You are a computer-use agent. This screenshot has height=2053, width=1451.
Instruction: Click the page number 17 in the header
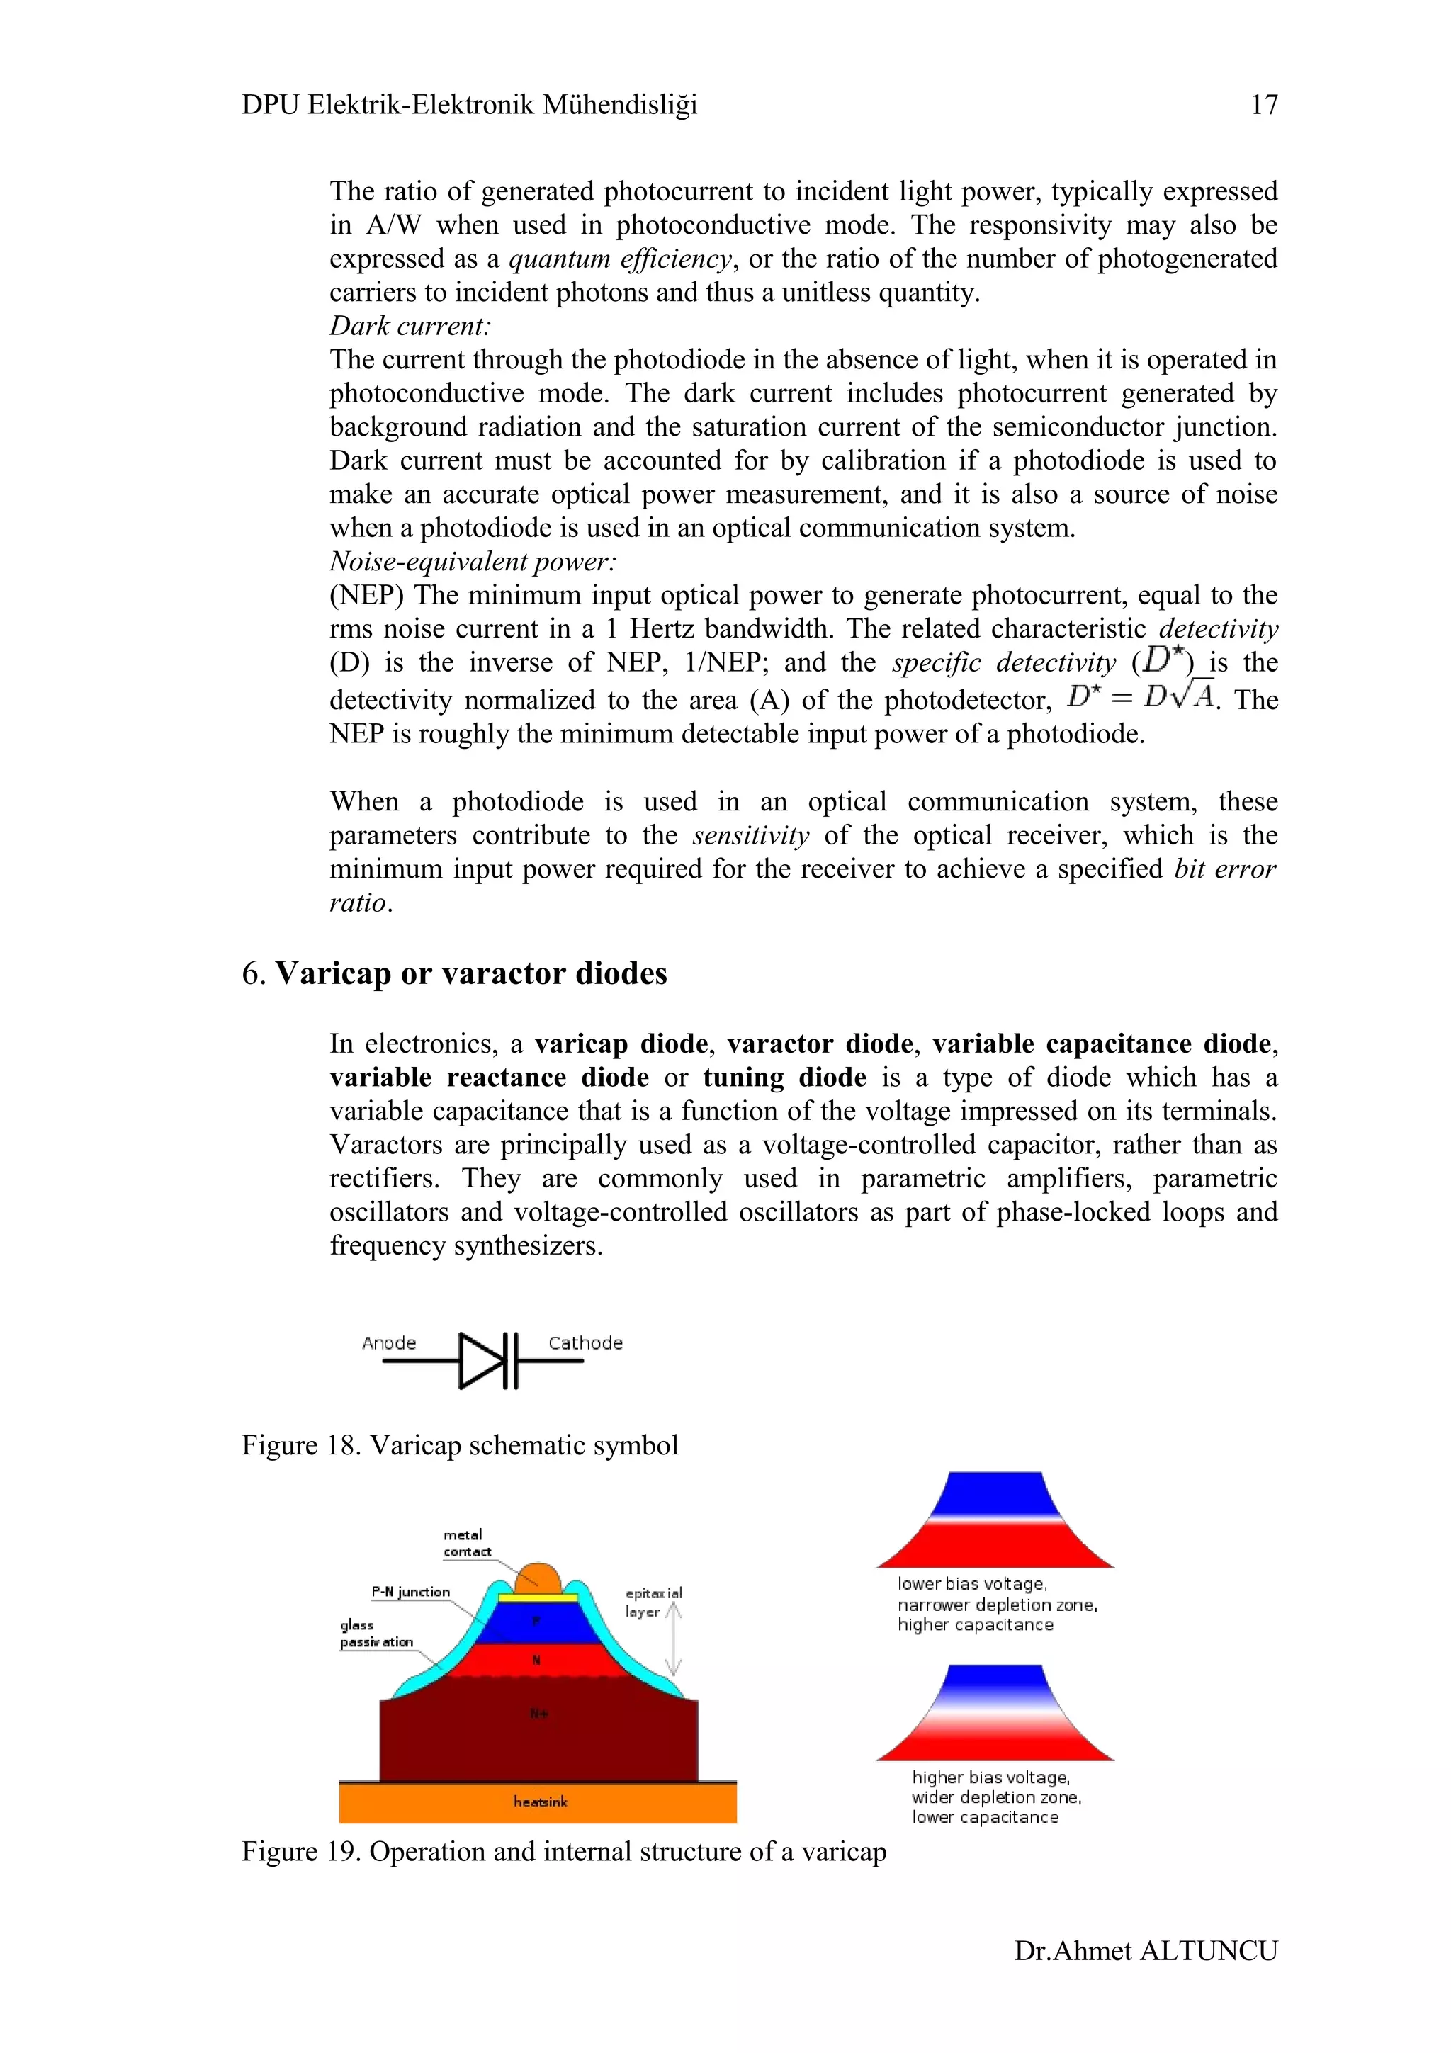(x=1263, y=105)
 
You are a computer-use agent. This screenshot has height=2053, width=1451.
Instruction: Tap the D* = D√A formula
(x=1141, y=696)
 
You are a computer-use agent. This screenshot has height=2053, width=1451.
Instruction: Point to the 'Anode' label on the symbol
(x=389, y=1343)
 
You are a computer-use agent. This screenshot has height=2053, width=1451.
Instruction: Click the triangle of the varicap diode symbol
(x=481, y=1360)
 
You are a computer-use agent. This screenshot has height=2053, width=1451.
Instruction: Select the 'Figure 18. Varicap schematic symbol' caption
(x=460, y=1445)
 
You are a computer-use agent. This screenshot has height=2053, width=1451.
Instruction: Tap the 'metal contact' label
(x=465, y=1544)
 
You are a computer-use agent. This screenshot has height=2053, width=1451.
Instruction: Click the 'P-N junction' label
(x=410, y=1592)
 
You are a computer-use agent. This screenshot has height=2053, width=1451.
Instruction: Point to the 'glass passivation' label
(x=376, y=1634)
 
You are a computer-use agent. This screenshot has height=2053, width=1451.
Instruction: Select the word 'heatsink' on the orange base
(x=540, y=1802)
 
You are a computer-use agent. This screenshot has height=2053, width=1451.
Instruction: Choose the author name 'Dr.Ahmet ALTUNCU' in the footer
(x=1145, y=1950)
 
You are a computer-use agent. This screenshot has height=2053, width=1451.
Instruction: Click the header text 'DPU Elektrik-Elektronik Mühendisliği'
(x=468, y=105)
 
